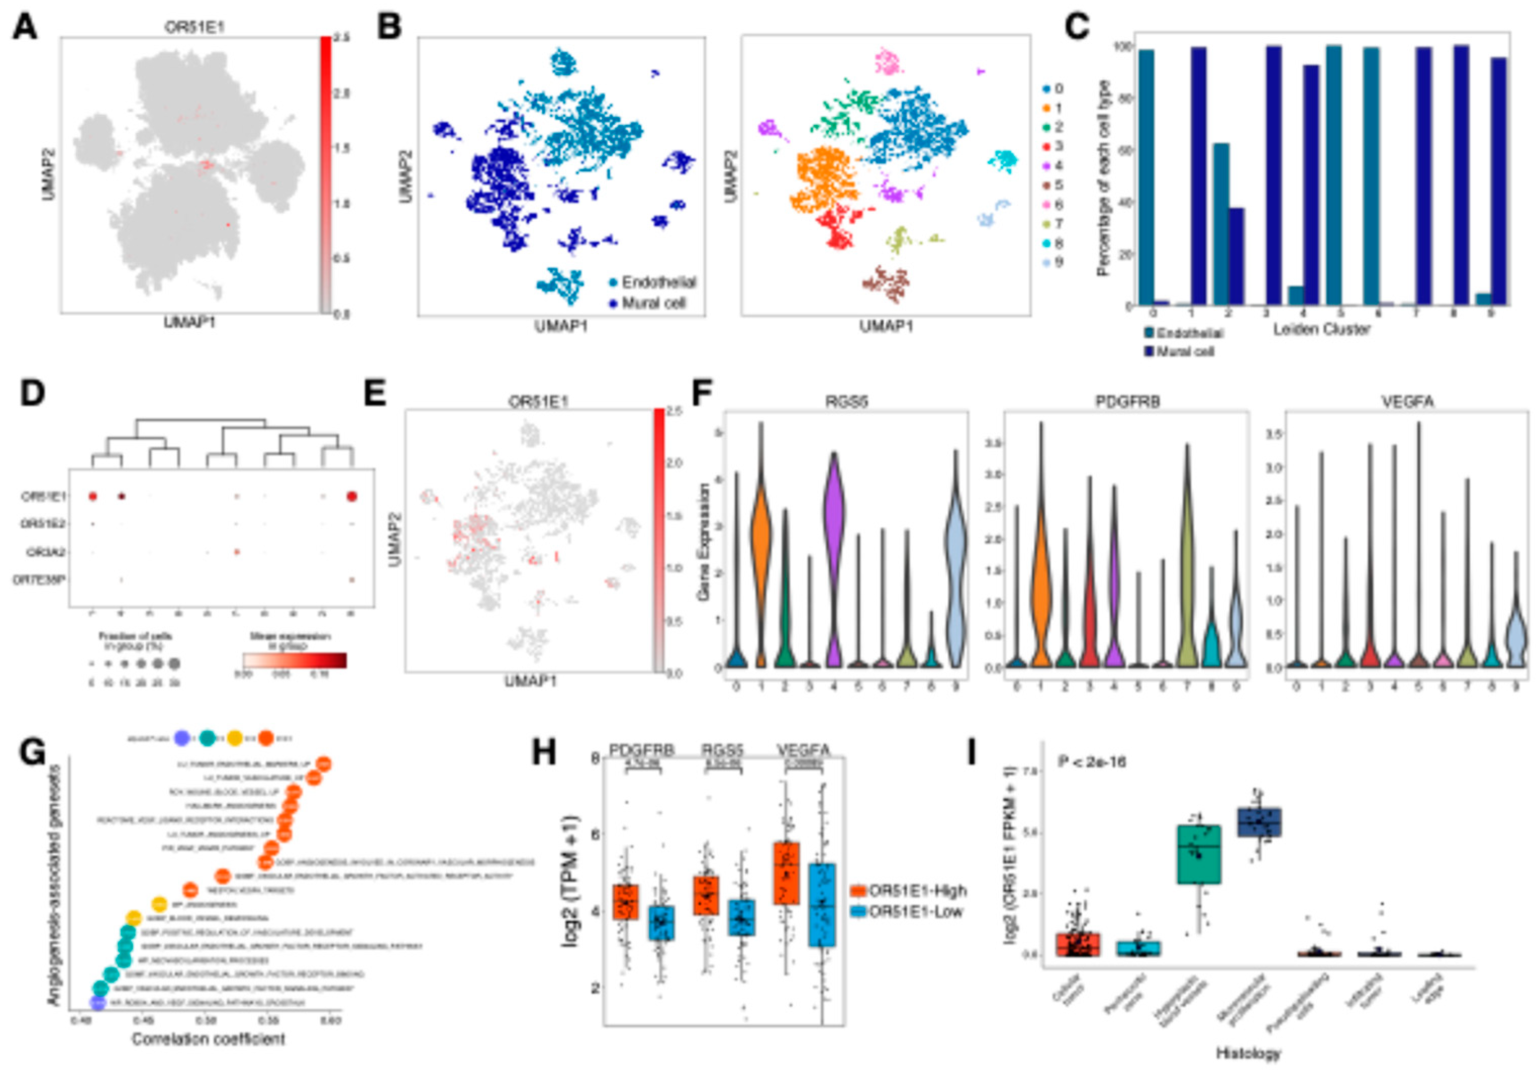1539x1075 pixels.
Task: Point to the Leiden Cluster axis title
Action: pos(1321,329)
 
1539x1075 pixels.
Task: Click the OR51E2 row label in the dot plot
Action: pos(43,523)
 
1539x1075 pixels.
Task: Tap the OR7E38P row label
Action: pos(39,580)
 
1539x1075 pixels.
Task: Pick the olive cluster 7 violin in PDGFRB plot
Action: pos(1186,590)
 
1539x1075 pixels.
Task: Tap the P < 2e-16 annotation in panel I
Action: pos(1091,762)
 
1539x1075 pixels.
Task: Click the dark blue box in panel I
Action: pos(1258,822)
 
